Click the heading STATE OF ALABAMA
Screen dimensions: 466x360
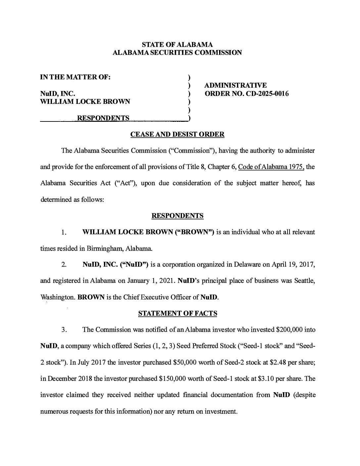[x=177, y=44]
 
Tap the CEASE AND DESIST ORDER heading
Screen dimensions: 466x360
[x=177, y=134]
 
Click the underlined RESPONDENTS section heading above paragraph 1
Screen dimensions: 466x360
[x=177, y=216]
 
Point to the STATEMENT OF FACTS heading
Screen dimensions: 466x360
[x=177, y=313]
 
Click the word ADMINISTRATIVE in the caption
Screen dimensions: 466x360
[x=236, y=86]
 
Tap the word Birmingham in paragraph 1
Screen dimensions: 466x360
[x=105, y=249]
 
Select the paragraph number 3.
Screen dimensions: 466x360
[x=64, y=330]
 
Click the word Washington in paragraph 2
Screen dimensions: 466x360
[x=57, y=297]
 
